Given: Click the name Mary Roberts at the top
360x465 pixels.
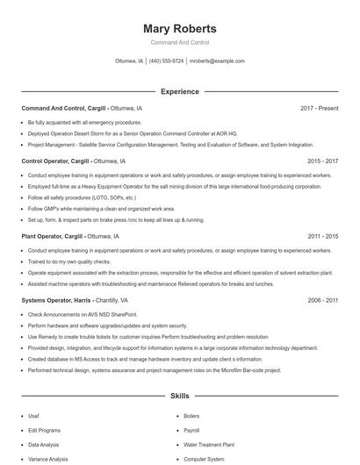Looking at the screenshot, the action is coord(179,29).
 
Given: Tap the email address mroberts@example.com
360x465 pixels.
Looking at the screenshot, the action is coord(217,61).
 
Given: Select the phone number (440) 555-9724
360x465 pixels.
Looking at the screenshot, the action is coord(167,61).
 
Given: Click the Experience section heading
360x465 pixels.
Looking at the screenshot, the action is coord(179,91).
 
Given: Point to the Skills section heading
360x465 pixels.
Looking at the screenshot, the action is coord(179,397).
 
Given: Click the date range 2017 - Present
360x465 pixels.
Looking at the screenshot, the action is coord(319,108).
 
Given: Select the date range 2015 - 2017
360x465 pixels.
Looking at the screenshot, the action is coord(322,161).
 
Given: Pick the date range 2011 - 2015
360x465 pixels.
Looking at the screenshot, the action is coord(322,237).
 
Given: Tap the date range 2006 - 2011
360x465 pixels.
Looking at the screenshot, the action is coord(322,300).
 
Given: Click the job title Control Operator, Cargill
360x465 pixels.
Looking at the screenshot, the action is coord(55,161).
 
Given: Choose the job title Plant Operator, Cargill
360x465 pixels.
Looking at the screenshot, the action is coord(53,237).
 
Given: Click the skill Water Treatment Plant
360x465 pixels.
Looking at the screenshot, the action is coord(209,445).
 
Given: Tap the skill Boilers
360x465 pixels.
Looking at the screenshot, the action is coord(191,416).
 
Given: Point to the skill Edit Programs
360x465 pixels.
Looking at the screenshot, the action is coord(44,430).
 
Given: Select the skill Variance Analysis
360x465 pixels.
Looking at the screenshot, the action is coord(47,459).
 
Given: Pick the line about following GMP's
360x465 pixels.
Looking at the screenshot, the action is coord(101,209).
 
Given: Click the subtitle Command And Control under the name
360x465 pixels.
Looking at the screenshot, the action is coord(179,43).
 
